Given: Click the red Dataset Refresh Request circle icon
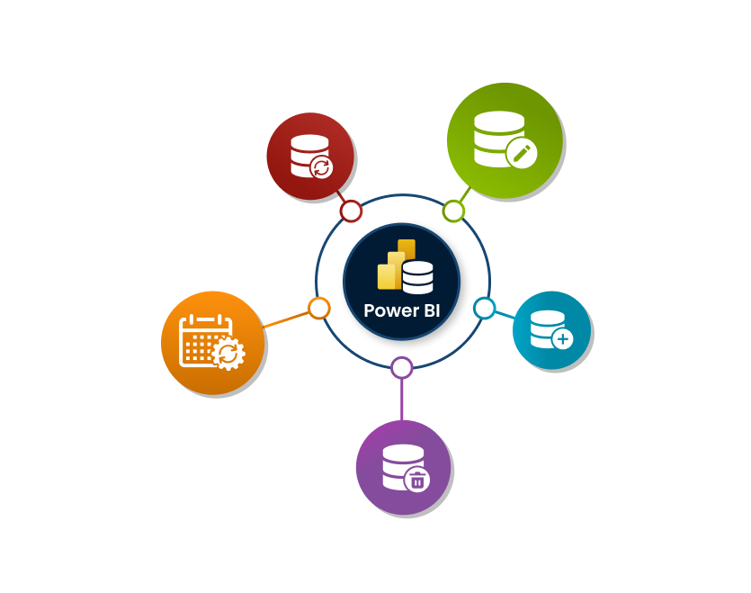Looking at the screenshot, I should (x=310, y=156).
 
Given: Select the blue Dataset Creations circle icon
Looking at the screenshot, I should (x=551, y=330).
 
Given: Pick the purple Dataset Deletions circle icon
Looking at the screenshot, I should (x=403, y=467).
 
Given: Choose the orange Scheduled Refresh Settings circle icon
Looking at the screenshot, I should (x=212, y=343).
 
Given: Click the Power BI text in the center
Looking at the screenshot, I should (x=402, y=310).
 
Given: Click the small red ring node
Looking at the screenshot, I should (x=351, y=211).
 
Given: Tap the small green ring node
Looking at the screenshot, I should (x=453, y=211).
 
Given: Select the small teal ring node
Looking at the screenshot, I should (x=484, y=309).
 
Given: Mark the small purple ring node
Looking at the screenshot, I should (x=402, y=367).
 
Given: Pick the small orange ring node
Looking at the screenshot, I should (x=319, y=308).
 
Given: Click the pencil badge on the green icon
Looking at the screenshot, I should (x=519, y=153).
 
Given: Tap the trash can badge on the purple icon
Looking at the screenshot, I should (x=417, y=481).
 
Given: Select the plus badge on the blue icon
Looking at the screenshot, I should (x=563, y=340).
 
